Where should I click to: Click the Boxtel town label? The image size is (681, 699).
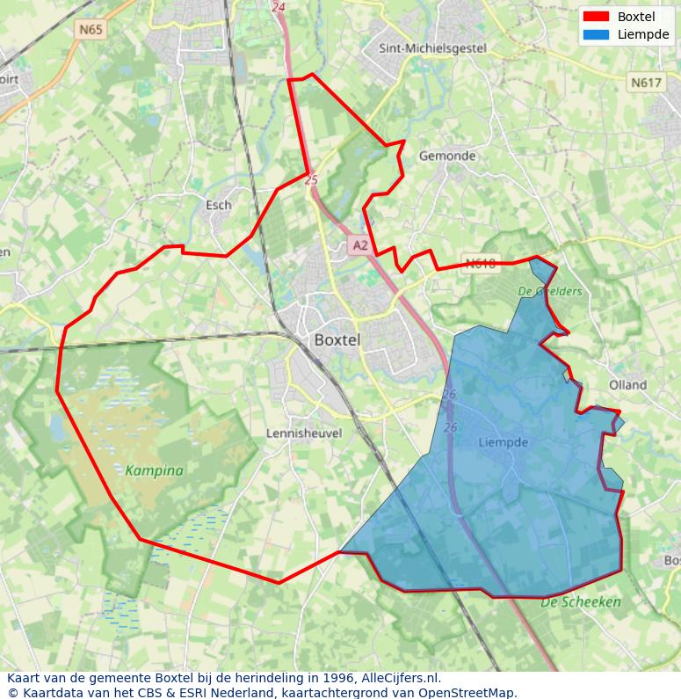point(337,340)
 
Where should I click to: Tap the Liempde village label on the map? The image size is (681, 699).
point(504,442)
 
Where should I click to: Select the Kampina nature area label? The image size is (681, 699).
point(154,470)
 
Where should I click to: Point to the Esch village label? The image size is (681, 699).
point(218,205)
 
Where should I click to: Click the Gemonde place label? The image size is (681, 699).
point(447,156)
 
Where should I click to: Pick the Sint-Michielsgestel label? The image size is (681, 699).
point(431,49)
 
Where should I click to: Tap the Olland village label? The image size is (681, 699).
point(627,385)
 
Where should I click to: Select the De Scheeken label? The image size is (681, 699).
point(581,602)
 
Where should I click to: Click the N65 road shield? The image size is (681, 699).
point(91,30)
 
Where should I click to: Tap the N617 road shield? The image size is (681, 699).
point(645,83)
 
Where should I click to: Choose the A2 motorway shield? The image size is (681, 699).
point(359,246)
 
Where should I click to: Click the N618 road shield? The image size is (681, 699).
point(481,263)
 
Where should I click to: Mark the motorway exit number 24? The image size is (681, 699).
point(279,7)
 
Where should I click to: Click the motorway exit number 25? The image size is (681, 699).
point(311,178)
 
